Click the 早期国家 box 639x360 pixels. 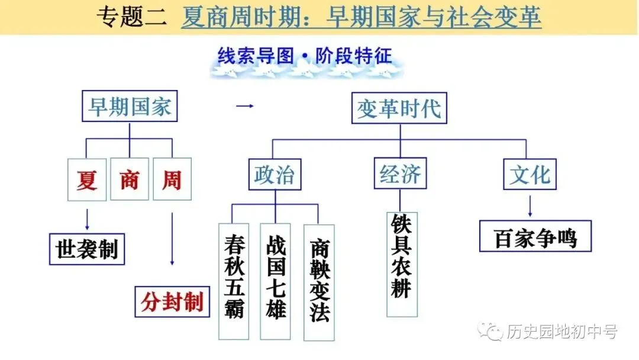tap(130, 107)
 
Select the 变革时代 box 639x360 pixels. tap(399, 110)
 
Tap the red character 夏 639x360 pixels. tap(87, 179)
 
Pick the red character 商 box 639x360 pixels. tap(130, 179)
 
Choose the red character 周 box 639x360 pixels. tap(172, 179)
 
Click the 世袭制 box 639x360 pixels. tap(87, 249)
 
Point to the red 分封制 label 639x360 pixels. tap(172, 302)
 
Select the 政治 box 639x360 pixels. tap(274, 175)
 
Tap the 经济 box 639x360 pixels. tap(400, 174)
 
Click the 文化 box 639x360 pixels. tap(530, 174)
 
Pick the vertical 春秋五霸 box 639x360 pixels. tap(234, 281)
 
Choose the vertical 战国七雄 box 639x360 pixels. tap(275, 281)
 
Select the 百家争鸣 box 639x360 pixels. tap(535, 237)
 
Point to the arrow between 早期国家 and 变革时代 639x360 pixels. tap(244, 107)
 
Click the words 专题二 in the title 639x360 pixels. tap(131, 17)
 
